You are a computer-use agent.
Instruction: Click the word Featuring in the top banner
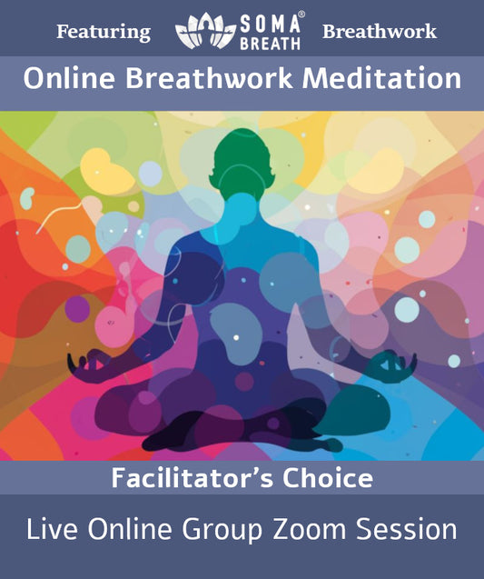(104, 32)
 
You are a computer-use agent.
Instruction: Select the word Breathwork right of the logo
(379, 32)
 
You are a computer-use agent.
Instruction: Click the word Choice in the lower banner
(329, 478)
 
